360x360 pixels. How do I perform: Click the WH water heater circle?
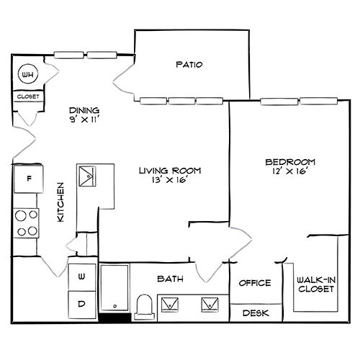point(28,74)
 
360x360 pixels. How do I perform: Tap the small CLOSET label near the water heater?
point(29,96)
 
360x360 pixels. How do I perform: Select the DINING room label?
point(84,110)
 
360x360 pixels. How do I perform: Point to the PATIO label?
point(189,65)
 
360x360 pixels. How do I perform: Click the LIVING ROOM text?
point(170,171)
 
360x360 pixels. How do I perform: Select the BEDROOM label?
point(289,162)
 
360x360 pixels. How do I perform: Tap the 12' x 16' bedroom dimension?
point(289,173)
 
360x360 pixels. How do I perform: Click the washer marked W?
point(81,276)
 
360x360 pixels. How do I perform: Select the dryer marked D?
point(81,303)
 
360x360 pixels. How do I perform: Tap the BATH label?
point(170,279)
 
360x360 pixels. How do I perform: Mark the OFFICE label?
point(255,283)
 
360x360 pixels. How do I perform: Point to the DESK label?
point(255,313)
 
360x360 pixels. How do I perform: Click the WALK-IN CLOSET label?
point(315,284)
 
